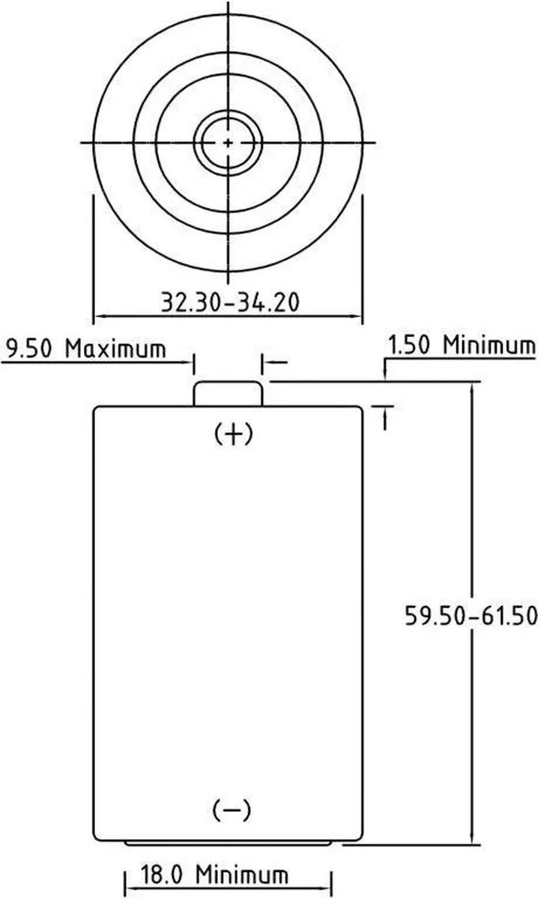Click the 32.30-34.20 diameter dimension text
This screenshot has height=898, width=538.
tap(229, 302)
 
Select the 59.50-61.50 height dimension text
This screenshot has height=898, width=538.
tap(471, 615)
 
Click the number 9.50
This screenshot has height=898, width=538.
tap(31, 349)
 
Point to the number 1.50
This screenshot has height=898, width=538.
tap(411, 346)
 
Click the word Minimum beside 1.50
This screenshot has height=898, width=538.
tap(489, 346)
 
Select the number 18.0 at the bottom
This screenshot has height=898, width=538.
tap(161, 874)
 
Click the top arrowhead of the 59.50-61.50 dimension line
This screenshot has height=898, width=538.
tap(471, 388)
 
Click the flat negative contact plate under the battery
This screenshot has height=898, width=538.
tap(229, 843)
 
